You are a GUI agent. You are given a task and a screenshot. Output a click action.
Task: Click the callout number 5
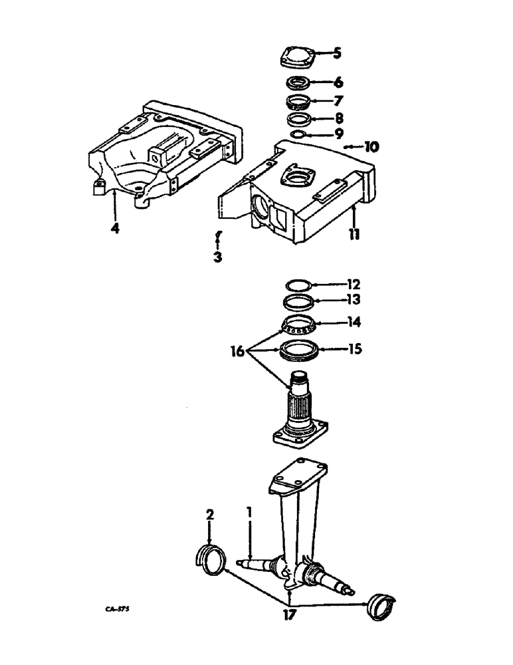click(337, 53)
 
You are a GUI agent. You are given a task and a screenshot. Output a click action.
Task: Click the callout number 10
click(370, 146)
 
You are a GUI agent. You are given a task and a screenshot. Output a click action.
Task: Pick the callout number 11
click(356, 235)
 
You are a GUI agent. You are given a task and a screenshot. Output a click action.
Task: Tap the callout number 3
click(217, 257)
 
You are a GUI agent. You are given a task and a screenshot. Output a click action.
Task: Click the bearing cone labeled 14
click(298, 326)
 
